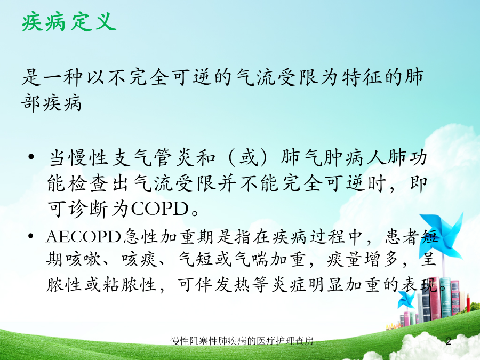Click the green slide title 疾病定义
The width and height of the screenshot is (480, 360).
click(x=69, y=22)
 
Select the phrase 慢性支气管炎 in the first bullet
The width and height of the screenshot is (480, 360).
click(x=132, y=158)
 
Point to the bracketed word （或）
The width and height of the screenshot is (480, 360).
click(x=248, y=158)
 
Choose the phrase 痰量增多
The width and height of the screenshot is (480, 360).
click(x=363, y=259)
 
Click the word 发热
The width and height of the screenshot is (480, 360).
click(x=232, y=285)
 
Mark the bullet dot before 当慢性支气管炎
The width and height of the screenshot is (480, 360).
click(x=31, y=157)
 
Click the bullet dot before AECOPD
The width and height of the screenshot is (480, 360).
click(x=31, y=236)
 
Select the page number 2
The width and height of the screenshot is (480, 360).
click(x=449, y=341)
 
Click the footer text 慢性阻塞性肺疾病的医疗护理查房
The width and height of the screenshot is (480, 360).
click(x=242, y=341)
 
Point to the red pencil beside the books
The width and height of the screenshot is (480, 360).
click(x=468, y=302)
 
